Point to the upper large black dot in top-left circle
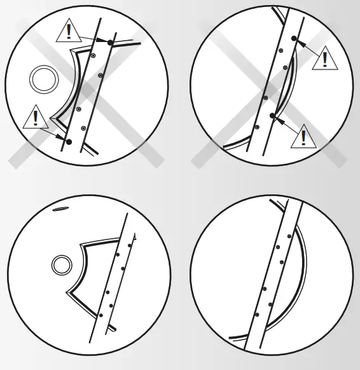pyautogui.click(x=110, y=42)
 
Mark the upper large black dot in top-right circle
pyautogui.click(x=294, y=39)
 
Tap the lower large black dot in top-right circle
pyautogui.click(x=272, y=115)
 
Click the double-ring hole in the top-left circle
pyautogui.click(x=45, y=80)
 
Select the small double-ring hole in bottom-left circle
pyautogui.click(x=62, y=264)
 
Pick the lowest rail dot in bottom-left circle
pyautogui.click(x=100, y=315)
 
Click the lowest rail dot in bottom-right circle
pyautogui.click(x=256, y=315)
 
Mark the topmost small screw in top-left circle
pyautogui.click(x=93, y=57)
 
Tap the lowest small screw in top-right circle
pyautogui.click(x=257, y=127)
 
